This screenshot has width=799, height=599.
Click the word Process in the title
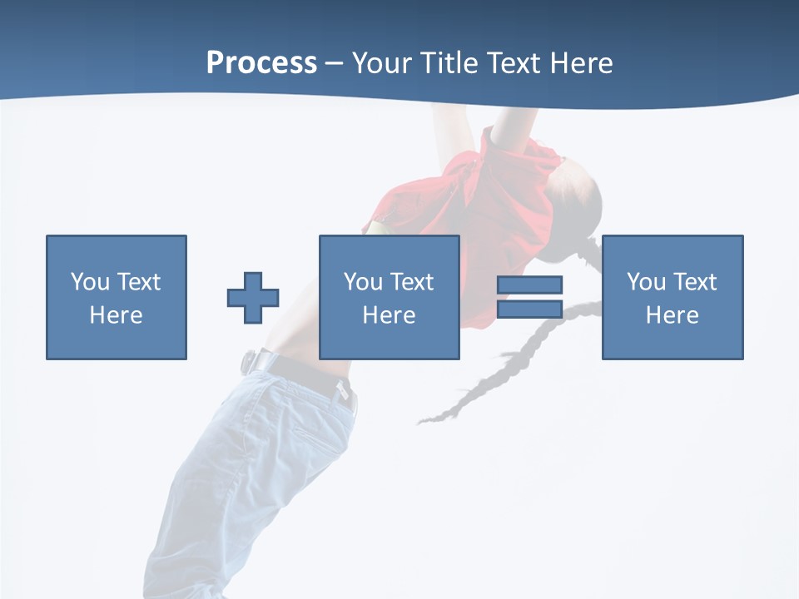pos(261,63)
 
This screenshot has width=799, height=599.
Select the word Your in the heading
pos(383,63)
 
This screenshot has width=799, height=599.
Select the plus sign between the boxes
pos(253,298)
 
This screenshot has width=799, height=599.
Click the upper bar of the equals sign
pos(529,285)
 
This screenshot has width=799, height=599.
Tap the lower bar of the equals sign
pos(529,309)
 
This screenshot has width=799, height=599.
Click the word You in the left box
pos(90,282)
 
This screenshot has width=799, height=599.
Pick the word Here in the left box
pos(116,315)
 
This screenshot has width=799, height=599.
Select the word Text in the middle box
pos(411,282)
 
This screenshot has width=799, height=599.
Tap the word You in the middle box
pos(363,282)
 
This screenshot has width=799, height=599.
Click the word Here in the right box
pos(672,315)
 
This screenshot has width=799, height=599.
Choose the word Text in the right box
pos(694,282)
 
